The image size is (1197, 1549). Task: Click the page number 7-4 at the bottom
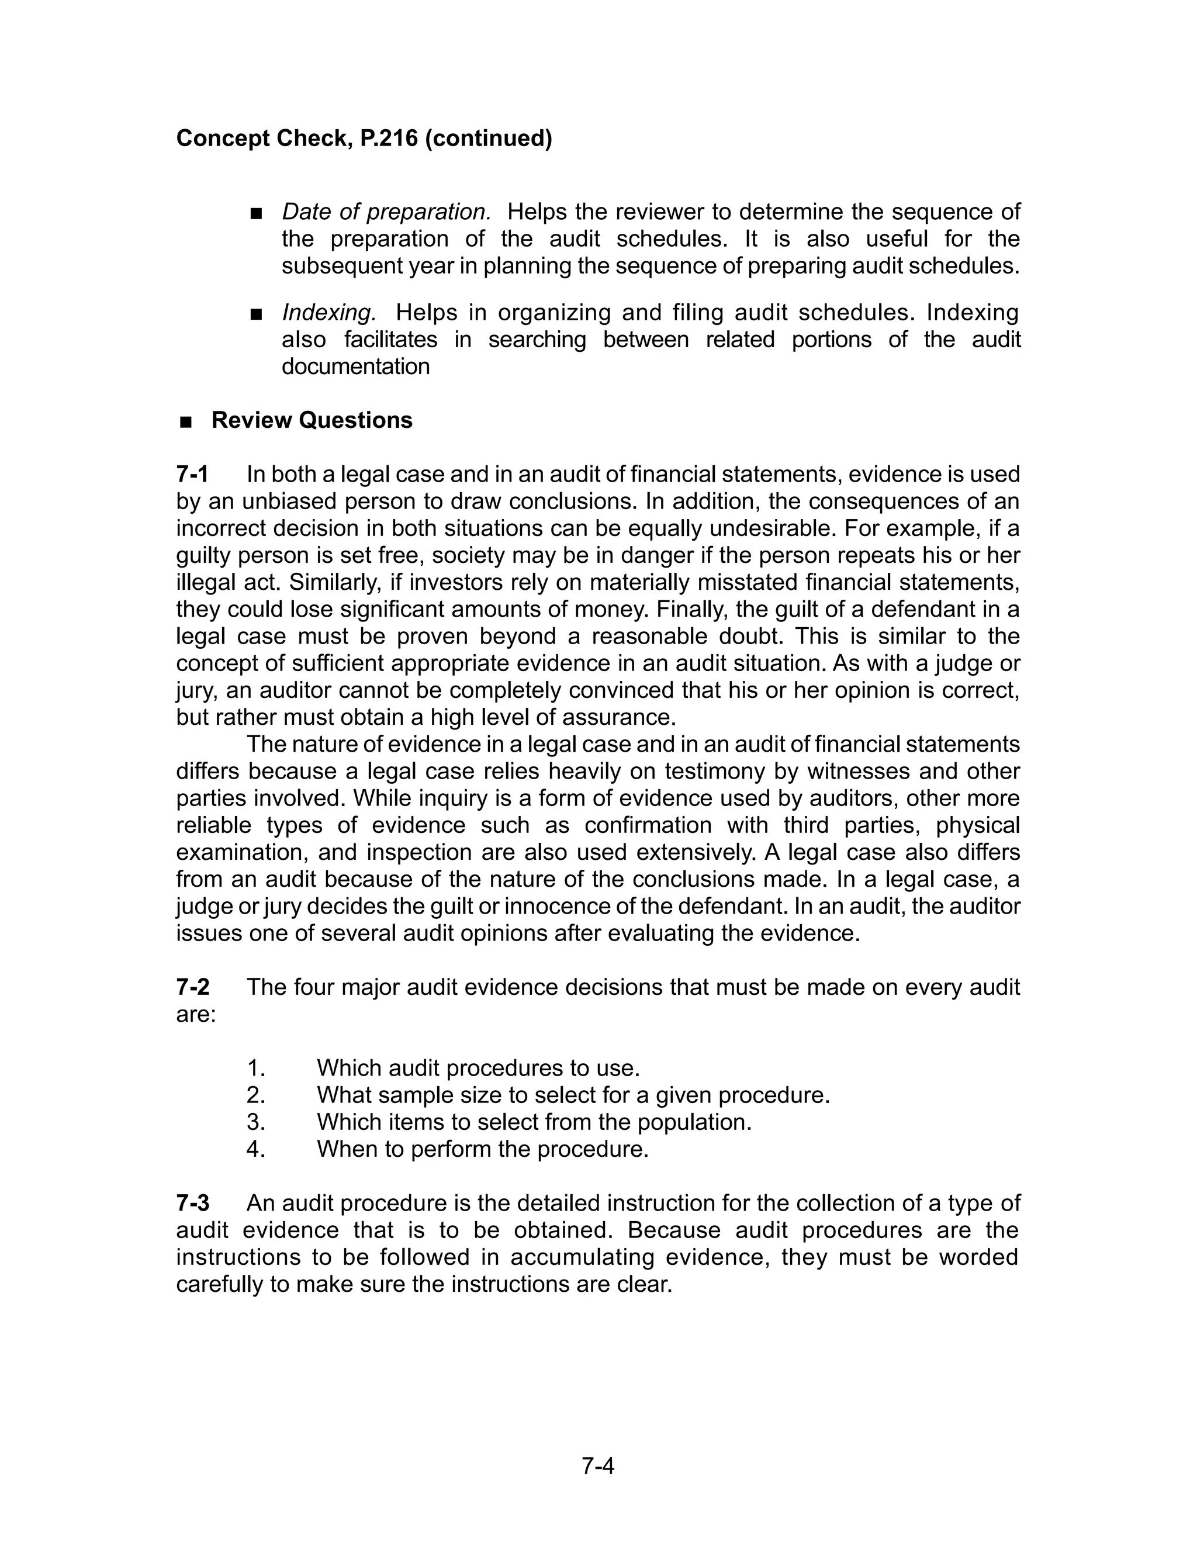click(x=598, y=1465)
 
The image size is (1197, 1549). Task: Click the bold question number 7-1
click(x=192, y=475)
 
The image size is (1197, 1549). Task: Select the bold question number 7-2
click(x=193, y=987)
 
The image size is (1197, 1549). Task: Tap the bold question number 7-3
click(x=193, y=1203)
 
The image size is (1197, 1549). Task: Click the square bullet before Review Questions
click(x=186, y=422)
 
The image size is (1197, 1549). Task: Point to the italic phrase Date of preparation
click(x=386, y=212)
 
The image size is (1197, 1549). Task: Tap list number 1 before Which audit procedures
click(x=255, y=1068)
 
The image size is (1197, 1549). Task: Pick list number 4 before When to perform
click(x=255, y=1149)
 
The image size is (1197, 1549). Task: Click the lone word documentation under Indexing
click(x=355, y=366)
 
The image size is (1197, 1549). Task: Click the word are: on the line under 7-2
click(x=196, y=1014)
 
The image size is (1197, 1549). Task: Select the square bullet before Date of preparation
click(x=257, y=213)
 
